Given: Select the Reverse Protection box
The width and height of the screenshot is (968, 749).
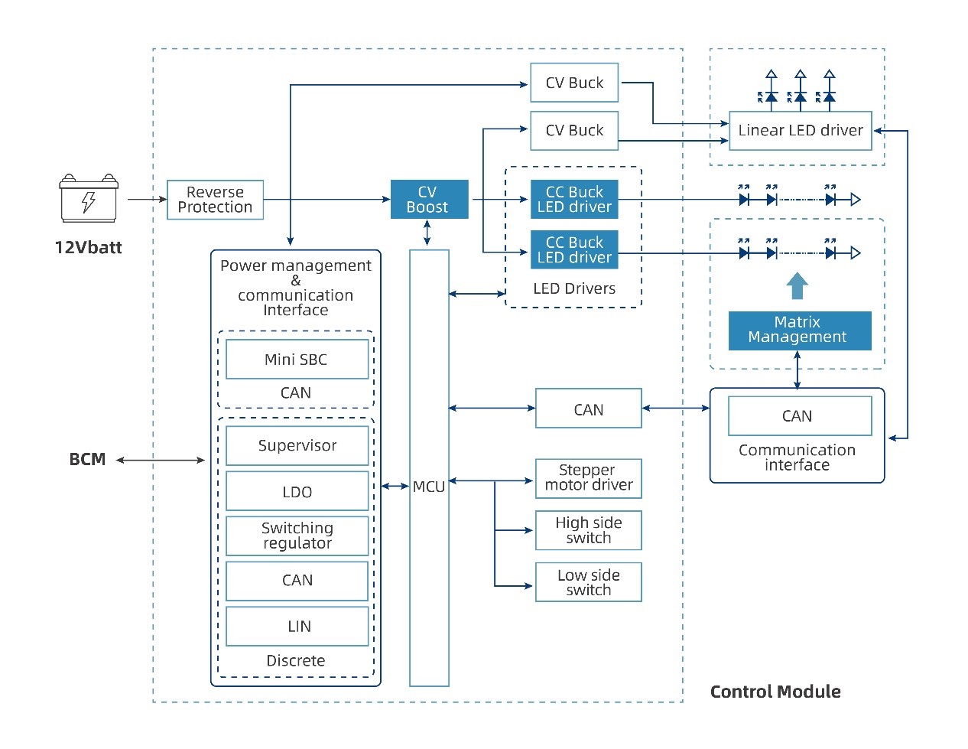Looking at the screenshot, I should click(215, 200).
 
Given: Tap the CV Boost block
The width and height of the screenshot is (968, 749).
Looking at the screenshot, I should click(429, 200).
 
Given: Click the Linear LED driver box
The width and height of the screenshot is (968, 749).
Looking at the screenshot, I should click(800, 131).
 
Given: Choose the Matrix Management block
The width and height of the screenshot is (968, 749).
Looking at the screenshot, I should click(799, 331).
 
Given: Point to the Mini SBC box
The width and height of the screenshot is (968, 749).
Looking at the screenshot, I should click(297, 360).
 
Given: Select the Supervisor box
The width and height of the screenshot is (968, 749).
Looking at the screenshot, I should click(297, 446).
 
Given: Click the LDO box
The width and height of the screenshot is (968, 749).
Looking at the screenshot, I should click(297, 492).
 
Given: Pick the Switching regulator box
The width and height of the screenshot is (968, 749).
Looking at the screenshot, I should click(297, 536).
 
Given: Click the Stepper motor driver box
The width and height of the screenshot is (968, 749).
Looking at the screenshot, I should click(588, 478).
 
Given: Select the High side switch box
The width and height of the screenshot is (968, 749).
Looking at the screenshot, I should click(588, 530).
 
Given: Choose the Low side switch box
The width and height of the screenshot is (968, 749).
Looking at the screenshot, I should click(588, 583).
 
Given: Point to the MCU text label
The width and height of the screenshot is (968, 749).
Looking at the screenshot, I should click(429, 487).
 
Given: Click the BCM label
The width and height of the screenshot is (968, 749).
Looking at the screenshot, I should click(87, 460).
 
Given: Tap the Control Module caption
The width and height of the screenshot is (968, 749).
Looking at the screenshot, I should click(775, 692).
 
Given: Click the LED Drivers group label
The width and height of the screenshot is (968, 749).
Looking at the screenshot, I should click(574, 289).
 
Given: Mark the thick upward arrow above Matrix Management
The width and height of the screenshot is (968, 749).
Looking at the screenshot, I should click(797, 285).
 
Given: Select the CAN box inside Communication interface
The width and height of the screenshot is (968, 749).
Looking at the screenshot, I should click(799, 416).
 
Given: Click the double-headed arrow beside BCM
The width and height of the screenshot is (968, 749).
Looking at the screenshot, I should click(161, 461).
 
